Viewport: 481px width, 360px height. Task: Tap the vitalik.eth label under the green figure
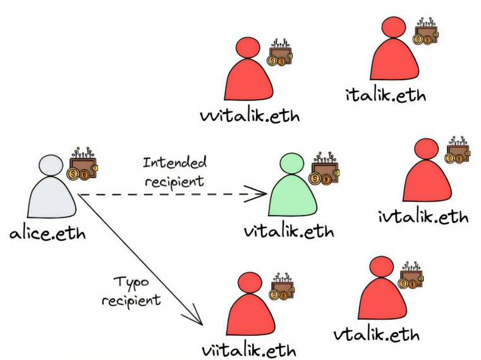(289, 231)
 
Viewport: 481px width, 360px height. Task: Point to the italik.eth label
(386, 96)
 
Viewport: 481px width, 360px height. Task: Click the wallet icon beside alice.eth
(83, 167)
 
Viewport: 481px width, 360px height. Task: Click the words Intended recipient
(174, 172)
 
